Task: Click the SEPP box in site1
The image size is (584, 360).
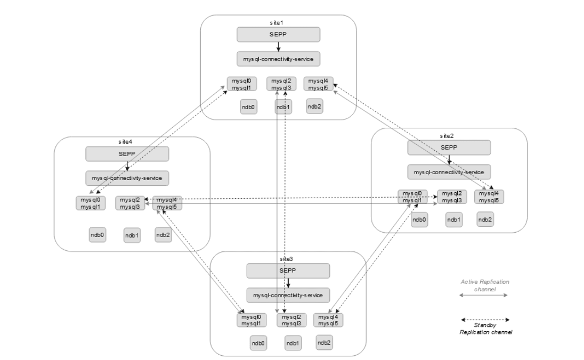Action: click(x=278, y=35)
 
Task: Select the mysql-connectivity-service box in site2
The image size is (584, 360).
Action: click(x=449, y=172)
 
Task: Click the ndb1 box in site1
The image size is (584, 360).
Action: click(x=283, y=107)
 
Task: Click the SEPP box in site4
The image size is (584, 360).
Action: click(x=127, y=154)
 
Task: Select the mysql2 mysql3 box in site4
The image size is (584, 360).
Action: click(x=130, y=203)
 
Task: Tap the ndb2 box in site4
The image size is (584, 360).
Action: click(x=163, y=234)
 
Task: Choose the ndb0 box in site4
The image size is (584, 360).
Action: click(x=98, y=234)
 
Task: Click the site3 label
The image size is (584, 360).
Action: click(x=287, y=258)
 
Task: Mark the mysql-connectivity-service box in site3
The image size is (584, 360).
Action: click(x=288, y=294)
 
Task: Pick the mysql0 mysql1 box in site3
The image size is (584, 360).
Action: click(x=251, y=320)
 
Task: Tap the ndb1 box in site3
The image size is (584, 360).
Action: click(x=293, y=342)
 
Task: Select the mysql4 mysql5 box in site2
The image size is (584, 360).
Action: click(x=489, y=197)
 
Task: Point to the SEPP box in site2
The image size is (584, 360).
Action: click(x=449, y=148)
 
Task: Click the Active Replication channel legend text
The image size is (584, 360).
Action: click(x=484, y=285)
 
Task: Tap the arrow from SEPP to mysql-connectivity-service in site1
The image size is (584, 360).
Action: click(x=278, y=46)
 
